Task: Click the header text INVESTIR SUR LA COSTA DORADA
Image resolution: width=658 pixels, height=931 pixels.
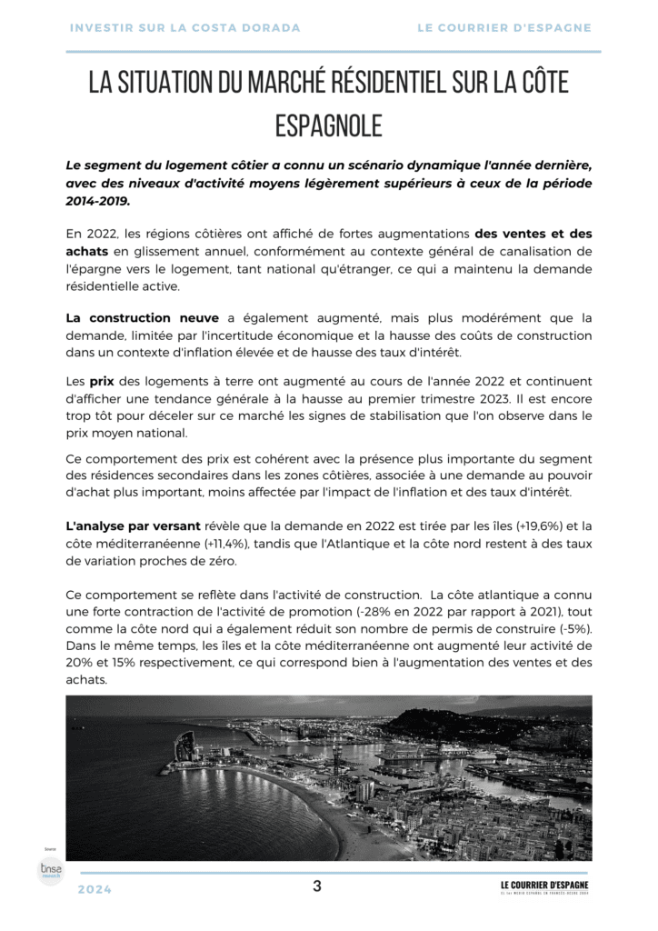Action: [x=184, y=28]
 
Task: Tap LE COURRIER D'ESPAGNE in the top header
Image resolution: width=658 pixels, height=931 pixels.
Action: [x=504, y=28]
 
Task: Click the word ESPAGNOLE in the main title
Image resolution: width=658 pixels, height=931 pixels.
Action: [x=328, y=125]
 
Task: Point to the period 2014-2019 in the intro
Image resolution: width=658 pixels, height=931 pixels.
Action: [x=97, y=201]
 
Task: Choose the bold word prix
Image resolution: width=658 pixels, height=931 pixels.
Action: [x=102, y=382]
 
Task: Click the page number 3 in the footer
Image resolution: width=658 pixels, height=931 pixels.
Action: [x=316, y=886]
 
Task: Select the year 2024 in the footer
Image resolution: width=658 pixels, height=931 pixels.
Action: [x=95, y=889]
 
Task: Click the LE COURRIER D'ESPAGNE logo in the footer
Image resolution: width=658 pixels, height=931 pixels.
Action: [x=544, y=886]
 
